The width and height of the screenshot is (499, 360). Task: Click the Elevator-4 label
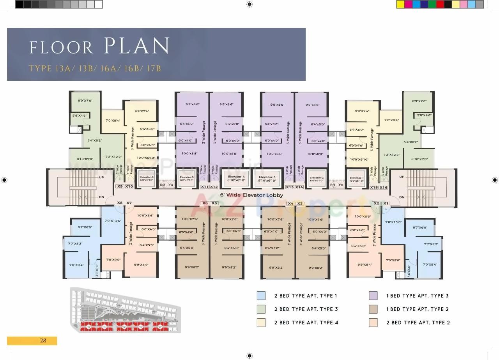point(236,177)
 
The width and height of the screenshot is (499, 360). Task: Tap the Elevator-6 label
point(146,178)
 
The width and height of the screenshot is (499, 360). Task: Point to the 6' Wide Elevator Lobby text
point(251,195)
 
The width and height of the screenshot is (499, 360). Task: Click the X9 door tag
point(120,186)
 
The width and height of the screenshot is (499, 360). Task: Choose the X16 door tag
point(384,188)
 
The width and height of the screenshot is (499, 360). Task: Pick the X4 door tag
point(290,203)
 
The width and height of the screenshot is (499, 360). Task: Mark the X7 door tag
point(129,202)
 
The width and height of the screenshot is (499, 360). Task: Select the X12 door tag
point(214,187)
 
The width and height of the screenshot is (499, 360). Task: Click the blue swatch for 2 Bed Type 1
point(261,296)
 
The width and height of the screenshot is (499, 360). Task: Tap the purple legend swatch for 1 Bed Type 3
point(373,296)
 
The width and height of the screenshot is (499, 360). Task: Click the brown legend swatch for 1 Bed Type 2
point(373,309)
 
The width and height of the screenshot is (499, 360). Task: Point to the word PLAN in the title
point(136,46)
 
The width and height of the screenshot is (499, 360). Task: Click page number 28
point(43,340)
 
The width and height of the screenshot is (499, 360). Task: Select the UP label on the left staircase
point(101,177)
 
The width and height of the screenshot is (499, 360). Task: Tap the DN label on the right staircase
point(402,197)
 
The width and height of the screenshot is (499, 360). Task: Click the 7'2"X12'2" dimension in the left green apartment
point(113,156)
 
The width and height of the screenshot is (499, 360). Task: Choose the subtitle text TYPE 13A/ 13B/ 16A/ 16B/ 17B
point(95,69)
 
